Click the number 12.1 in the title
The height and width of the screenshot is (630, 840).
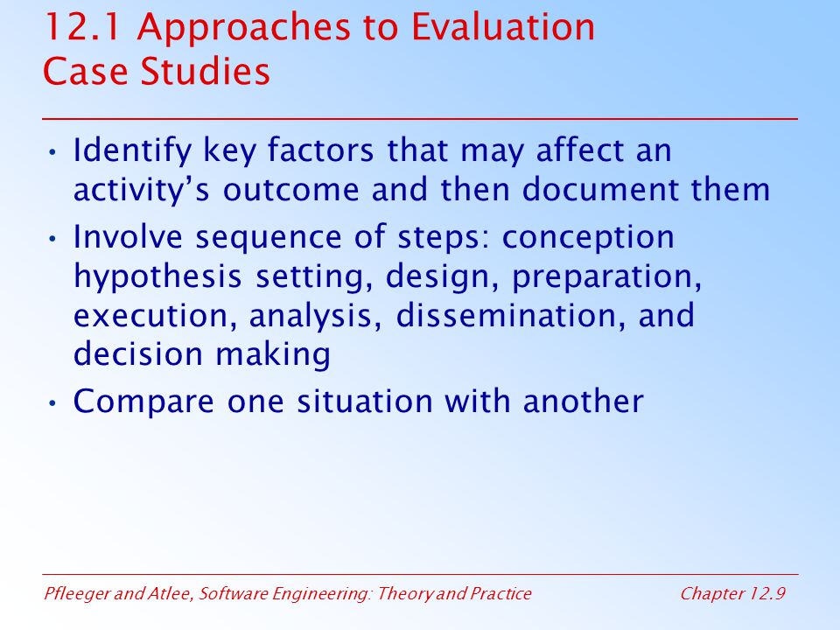[82, 27]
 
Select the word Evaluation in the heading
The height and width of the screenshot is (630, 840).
[503, 27]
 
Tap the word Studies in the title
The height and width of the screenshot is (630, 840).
[205, 71]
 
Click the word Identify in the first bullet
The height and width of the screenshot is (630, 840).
[132, 151]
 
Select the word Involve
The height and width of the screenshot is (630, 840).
[128, 236]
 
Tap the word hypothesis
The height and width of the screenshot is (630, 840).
[157, 277]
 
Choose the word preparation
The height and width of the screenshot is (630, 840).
[606, 277]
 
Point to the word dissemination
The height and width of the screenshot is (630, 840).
[510, 315]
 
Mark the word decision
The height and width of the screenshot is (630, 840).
[138, 354]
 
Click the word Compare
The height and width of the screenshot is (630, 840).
[143, 402]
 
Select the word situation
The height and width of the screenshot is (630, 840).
[365, 402]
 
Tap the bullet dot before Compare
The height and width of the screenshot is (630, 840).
[52, 402]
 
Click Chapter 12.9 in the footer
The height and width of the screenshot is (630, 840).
[733, 593]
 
